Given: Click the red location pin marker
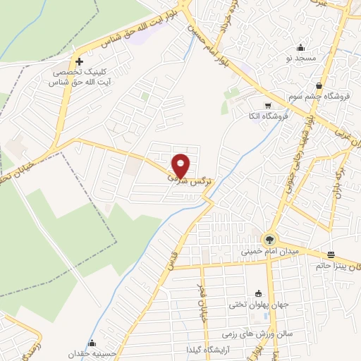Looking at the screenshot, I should click(181, 164).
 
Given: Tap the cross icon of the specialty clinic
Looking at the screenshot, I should click(79, 62).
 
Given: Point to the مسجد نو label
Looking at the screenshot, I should click(301, 58).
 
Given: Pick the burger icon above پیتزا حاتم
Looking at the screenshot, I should click(331, 255).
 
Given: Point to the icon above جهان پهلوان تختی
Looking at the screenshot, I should click(257, 294).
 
